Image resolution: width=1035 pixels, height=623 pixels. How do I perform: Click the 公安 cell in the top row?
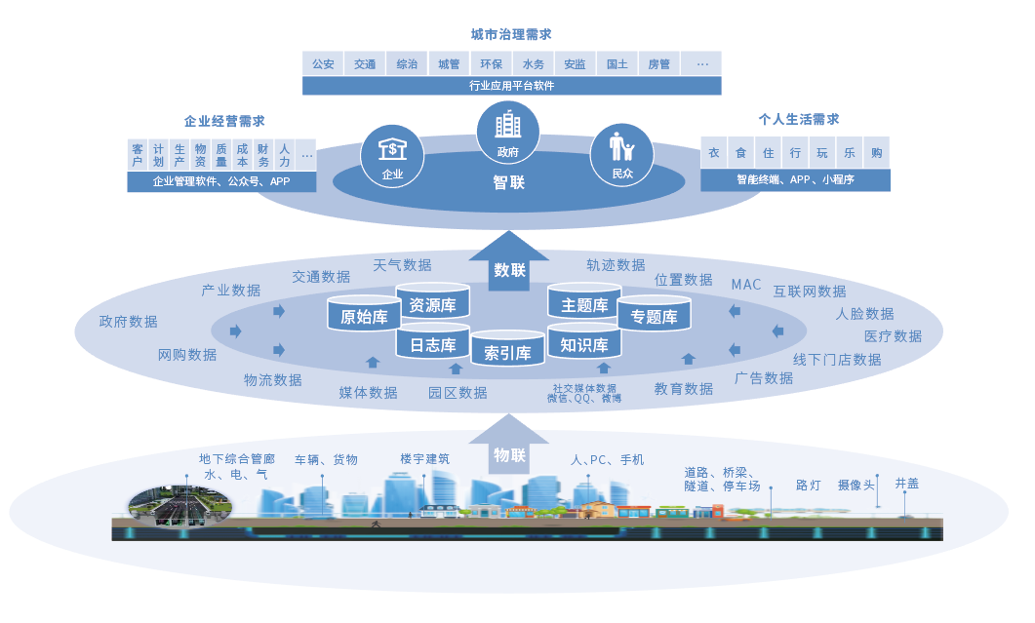[324, 64]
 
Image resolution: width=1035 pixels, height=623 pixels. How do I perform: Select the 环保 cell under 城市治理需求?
[491, 64]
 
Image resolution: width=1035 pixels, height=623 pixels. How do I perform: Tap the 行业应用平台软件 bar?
[511, 86]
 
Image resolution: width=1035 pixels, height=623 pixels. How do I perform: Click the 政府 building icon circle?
[507, 132]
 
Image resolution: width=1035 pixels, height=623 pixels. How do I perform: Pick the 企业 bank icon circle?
[392, 156]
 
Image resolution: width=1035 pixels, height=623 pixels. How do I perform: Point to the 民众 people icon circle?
[621, 155]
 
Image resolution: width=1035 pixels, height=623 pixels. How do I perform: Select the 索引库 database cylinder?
[507, 348]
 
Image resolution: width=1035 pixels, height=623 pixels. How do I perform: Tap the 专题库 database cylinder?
[654, 313]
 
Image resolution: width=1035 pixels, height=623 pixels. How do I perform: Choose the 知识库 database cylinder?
[584, 341]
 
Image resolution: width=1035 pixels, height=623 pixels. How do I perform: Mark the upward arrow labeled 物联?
[509, 445]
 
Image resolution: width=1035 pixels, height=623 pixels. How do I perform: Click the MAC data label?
[746, 285]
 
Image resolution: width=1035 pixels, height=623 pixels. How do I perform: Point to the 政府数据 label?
[128, 322]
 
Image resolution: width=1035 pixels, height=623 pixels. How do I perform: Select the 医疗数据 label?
[894, 336]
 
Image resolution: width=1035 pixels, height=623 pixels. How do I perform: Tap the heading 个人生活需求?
[799, 120]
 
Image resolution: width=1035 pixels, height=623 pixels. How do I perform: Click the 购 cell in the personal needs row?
[877, 153]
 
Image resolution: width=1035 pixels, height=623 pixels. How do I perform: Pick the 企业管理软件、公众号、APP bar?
[221, 181]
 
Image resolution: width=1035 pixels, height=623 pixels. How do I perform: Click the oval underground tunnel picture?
[179, 508]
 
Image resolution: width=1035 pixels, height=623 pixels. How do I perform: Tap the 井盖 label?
[907, 483]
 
